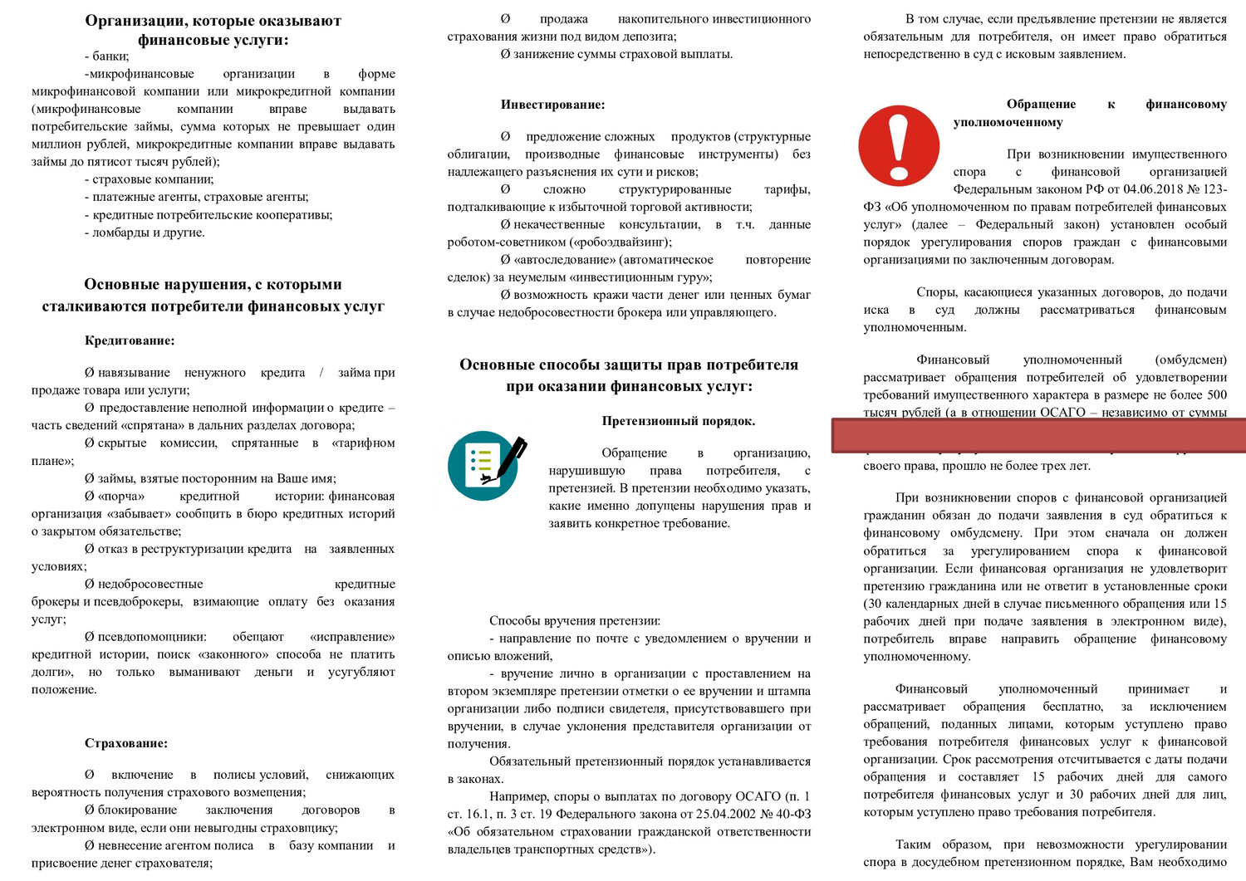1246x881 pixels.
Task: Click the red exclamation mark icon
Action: pyautogui.click(x=898, y=146)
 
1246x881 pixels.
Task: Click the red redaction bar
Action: pyautogui.click(x=1038, y=436)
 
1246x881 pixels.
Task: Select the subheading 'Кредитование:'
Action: pyautogui.click(x=130, y=340)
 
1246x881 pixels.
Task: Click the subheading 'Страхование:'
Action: pyautogui.click(x=126, y=743)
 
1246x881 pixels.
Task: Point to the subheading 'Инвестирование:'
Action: pyautogui.click(x=552, y=105)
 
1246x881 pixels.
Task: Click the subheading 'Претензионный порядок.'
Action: pyautogui.click(x=679, y=421)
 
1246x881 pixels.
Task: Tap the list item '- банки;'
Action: pyautogui.click(x=106, y=56)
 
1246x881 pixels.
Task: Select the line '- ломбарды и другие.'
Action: pyautogui.click(x=145, y=232)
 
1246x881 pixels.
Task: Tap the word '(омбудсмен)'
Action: pyautogui.click(x=1190, y=360)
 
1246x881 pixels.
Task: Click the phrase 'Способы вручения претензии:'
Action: pyautogui.click(x=575, y=620)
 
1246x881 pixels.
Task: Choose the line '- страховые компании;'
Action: pyautogui.click(x=149, y=179)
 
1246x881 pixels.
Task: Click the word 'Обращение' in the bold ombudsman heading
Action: pyautogui.click(x=1041, y=104)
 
